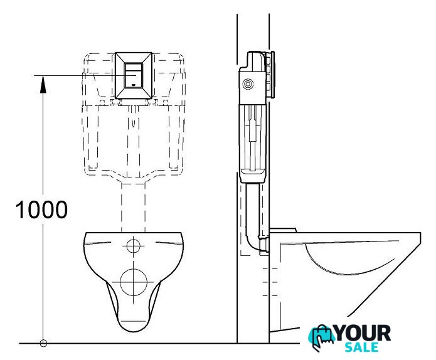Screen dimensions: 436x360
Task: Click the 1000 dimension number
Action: pos(41,209)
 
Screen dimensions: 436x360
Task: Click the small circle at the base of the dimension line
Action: pos(43,343)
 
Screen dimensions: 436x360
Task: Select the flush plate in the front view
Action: pos(134,75)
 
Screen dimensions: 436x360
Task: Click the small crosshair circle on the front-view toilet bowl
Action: pos(134,246)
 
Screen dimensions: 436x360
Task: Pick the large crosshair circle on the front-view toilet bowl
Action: pos(134,282)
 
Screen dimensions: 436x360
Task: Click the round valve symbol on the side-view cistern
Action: pos(248,83)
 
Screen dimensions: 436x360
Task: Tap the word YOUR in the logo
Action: pos(363,333)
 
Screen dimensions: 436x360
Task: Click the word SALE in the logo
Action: pos(362,347)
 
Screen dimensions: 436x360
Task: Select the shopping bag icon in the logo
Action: pos(321,337)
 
